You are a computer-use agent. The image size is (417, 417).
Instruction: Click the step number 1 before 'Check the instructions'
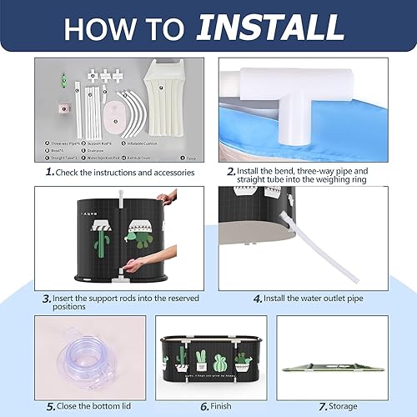(x=49, y=172)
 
